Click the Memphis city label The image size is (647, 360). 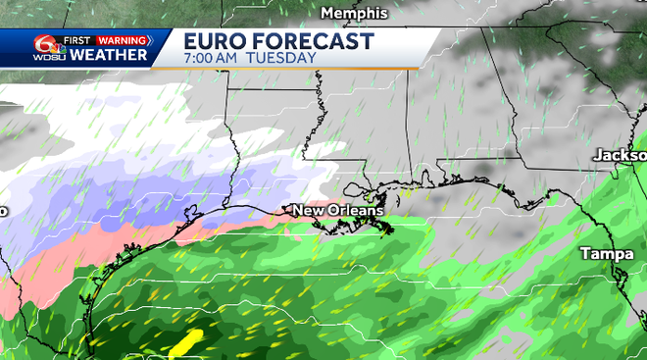(x=356, y=14)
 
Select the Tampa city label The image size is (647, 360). (x=606, y=253)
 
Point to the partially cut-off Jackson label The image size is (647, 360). (x=620, y=155)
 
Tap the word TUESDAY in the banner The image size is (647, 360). (x=285, y=58)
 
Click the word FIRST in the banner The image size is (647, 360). (x=77, y=40)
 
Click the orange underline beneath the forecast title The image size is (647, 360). (x=294, y=68)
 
